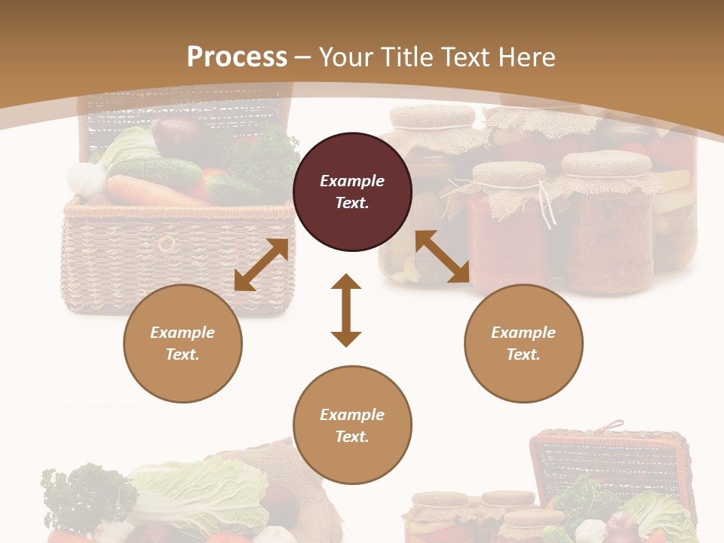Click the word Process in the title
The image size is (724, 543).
[x=237, y=57]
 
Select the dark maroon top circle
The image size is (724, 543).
[x=352, y=192]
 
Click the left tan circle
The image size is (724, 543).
[x=183, y=343]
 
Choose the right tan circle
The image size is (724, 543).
[x=523, y=343]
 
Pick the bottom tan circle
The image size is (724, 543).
[x=352, y=425]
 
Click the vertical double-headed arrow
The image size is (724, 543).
[x=346, y=310]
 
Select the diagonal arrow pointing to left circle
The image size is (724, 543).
[x=261, y=265]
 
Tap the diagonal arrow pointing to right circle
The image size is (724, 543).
[x=443, y=256]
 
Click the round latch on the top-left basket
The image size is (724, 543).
[x=166, y=244]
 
